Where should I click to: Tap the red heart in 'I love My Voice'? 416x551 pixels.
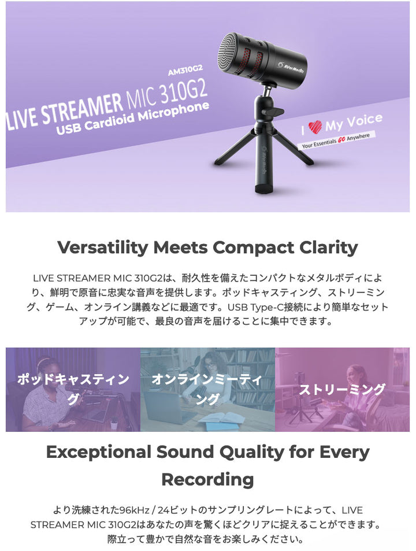click(x=315, y=127)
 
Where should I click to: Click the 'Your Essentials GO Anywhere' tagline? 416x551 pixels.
click(x=336, y=140)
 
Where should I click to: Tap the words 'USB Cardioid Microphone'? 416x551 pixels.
click(x=133, y=118)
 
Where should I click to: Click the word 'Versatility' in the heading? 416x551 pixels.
click(x=103, y=247)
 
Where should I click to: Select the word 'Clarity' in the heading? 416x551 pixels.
click(x=329, y=247)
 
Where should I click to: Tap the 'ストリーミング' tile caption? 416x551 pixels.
click(x=342, y=389)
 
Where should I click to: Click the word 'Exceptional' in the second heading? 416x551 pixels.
click(x=99, y=452)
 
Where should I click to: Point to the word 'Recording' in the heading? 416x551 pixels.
click(x=207, y=480)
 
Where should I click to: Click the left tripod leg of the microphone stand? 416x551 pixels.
click(x=235, y=147)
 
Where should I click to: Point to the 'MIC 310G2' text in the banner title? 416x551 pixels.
click(x=167, y=94)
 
